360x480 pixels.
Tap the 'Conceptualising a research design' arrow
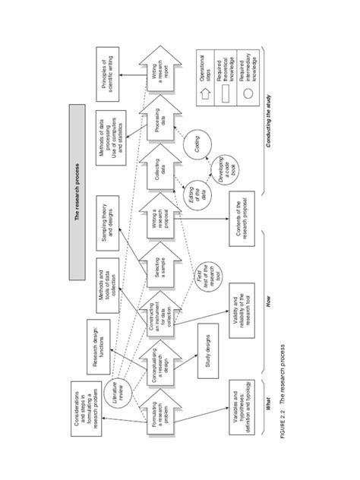[155, 364]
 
